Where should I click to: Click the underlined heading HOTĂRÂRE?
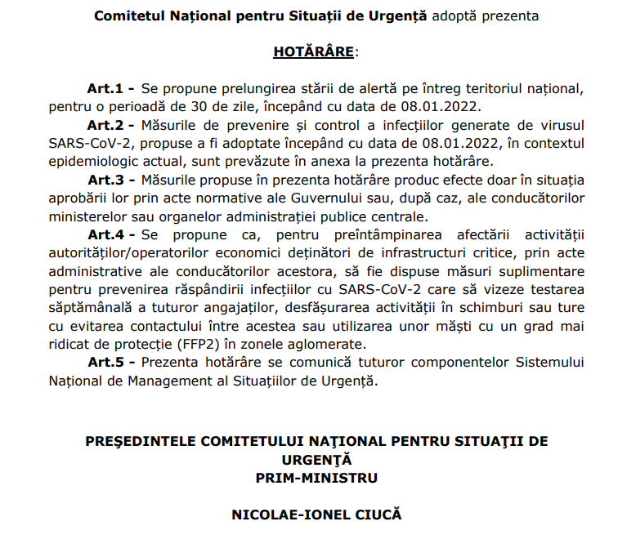click(314, 52)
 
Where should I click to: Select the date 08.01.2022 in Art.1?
click(445, 107)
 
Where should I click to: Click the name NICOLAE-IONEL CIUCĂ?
click(316, 515)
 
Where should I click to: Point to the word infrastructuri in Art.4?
click(426, 252)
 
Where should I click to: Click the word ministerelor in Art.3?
click(89, 216)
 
